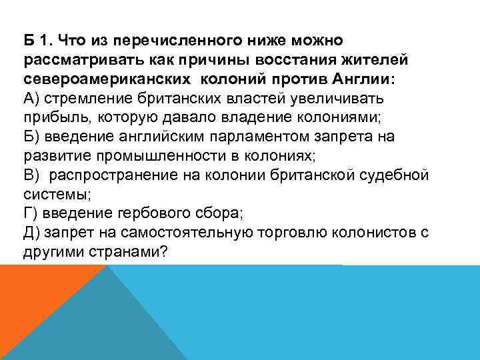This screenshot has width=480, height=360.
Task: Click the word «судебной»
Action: pos(398,175)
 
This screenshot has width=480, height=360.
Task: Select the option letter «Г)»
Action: pos(30,213)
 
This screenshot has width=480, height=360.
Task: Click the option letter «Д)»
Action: pos(32,232)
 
